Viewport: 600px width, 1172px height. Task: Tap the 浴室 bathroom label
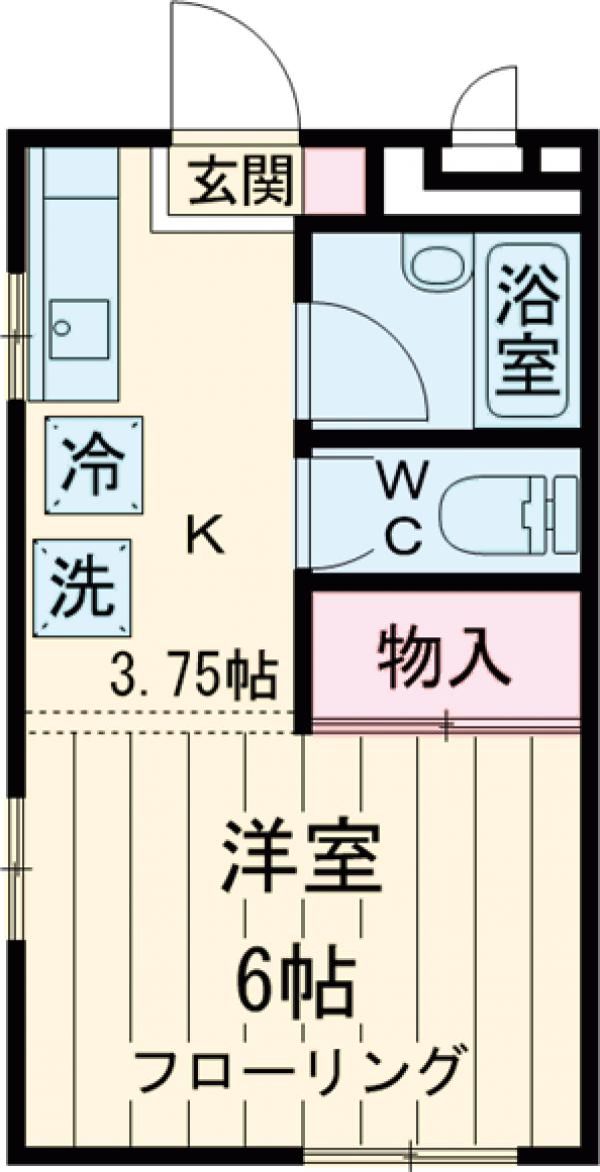(x=529, y=331)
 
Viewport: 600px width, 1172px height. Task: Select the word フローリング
(x=300, y=1072)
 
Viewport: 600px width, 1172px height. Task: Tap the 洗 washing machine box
(x=83, y=587)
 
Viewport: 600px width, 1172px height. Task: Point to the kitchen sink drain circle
(x=62, y=327)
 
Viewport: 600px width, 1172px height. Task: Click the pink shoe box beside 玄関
(x=334, y=181)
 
